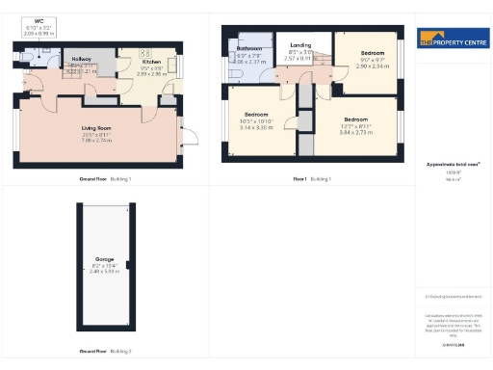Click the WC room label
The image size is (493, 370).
click(x=39, y=20)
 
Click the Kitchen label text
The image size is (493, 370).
click(x=152, y=61)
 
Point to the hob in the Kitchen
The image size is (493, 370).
click(x=145, y=51)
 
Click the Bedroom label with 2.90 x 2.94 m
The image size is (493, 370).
click(x=373, y=52)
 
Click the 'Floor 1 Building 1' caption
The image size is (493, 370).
click(x=311, y=179)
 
